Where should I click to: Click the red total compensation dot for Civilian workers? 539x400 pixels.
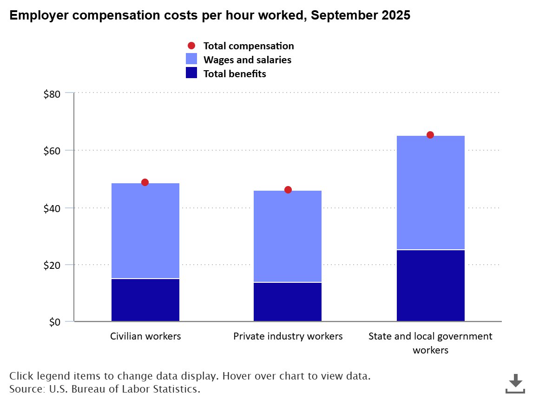[145, 182]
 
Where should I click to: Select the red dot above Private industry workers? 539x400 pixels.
[288, 190]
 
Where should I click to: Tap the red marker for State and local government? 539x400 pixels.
[430, 135]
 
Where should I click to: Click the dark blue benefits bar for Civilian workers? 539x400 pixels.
[145, 300]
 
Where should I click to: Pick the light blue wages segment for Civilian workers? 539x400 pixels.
[145, 231]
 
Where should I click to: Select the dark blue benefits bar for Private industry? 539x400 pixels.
[288, 302]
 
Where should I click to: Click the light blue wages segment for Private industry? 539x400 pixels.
[288, 236]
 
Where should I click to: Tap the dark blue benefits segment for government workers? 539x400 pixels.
[430, 286]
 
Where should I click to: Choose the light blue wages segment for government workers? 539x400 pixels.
[430, 193]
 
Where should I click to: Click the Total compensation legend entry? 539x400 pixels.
[248, 46]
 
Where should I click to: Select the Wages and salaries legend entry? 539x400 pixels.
[247, 60]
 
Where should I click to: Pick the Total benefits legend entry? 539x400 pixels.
[235, 74]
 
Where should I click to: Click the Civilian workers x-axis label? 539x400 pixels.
[145, 336]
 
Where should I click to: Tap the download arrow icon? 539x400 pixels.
[515, 383]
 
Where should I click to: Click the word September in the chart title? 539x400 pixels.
[342, 15]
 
